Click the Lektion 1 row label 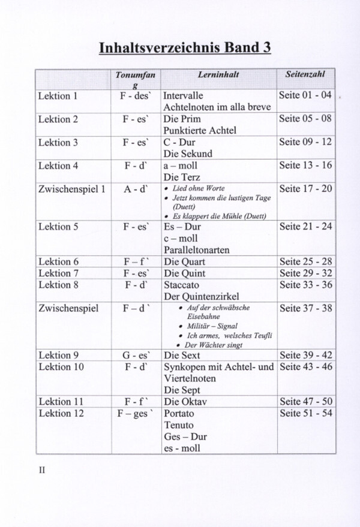[58, 96]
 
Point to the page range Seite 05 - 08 [305, 119]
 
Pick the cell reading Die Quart [185, 261]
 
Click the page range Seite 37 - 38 [305, 309]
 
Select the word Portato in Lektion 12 [179, 413]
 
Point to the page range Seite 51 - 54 [305, 413]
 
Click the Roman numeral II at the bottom [42, 471]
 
